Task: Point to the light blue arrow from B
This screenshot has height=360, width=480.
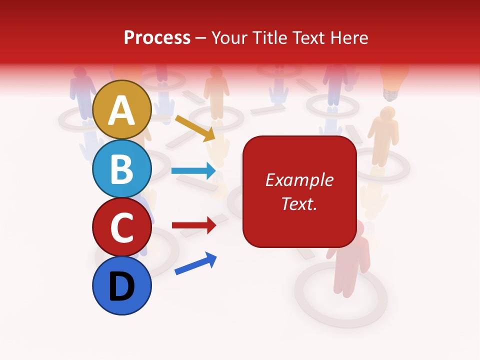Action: point(193,171)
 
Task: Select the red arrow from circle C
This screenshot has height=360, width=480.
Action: point(193,225)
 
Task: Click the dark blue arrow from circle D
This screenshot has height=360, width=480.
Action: point(195,263)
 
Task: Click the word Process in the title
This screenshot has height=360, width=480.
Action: point(157,37)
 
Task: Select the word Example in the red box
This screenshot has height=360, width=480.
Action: point(299,180)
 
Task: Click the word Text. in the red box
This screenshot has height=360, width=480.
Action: point(299,203)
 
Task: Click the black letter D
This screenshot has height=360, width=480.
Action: point(122,287)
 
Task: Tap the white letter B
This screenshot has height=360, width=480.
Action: point(122,169)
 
